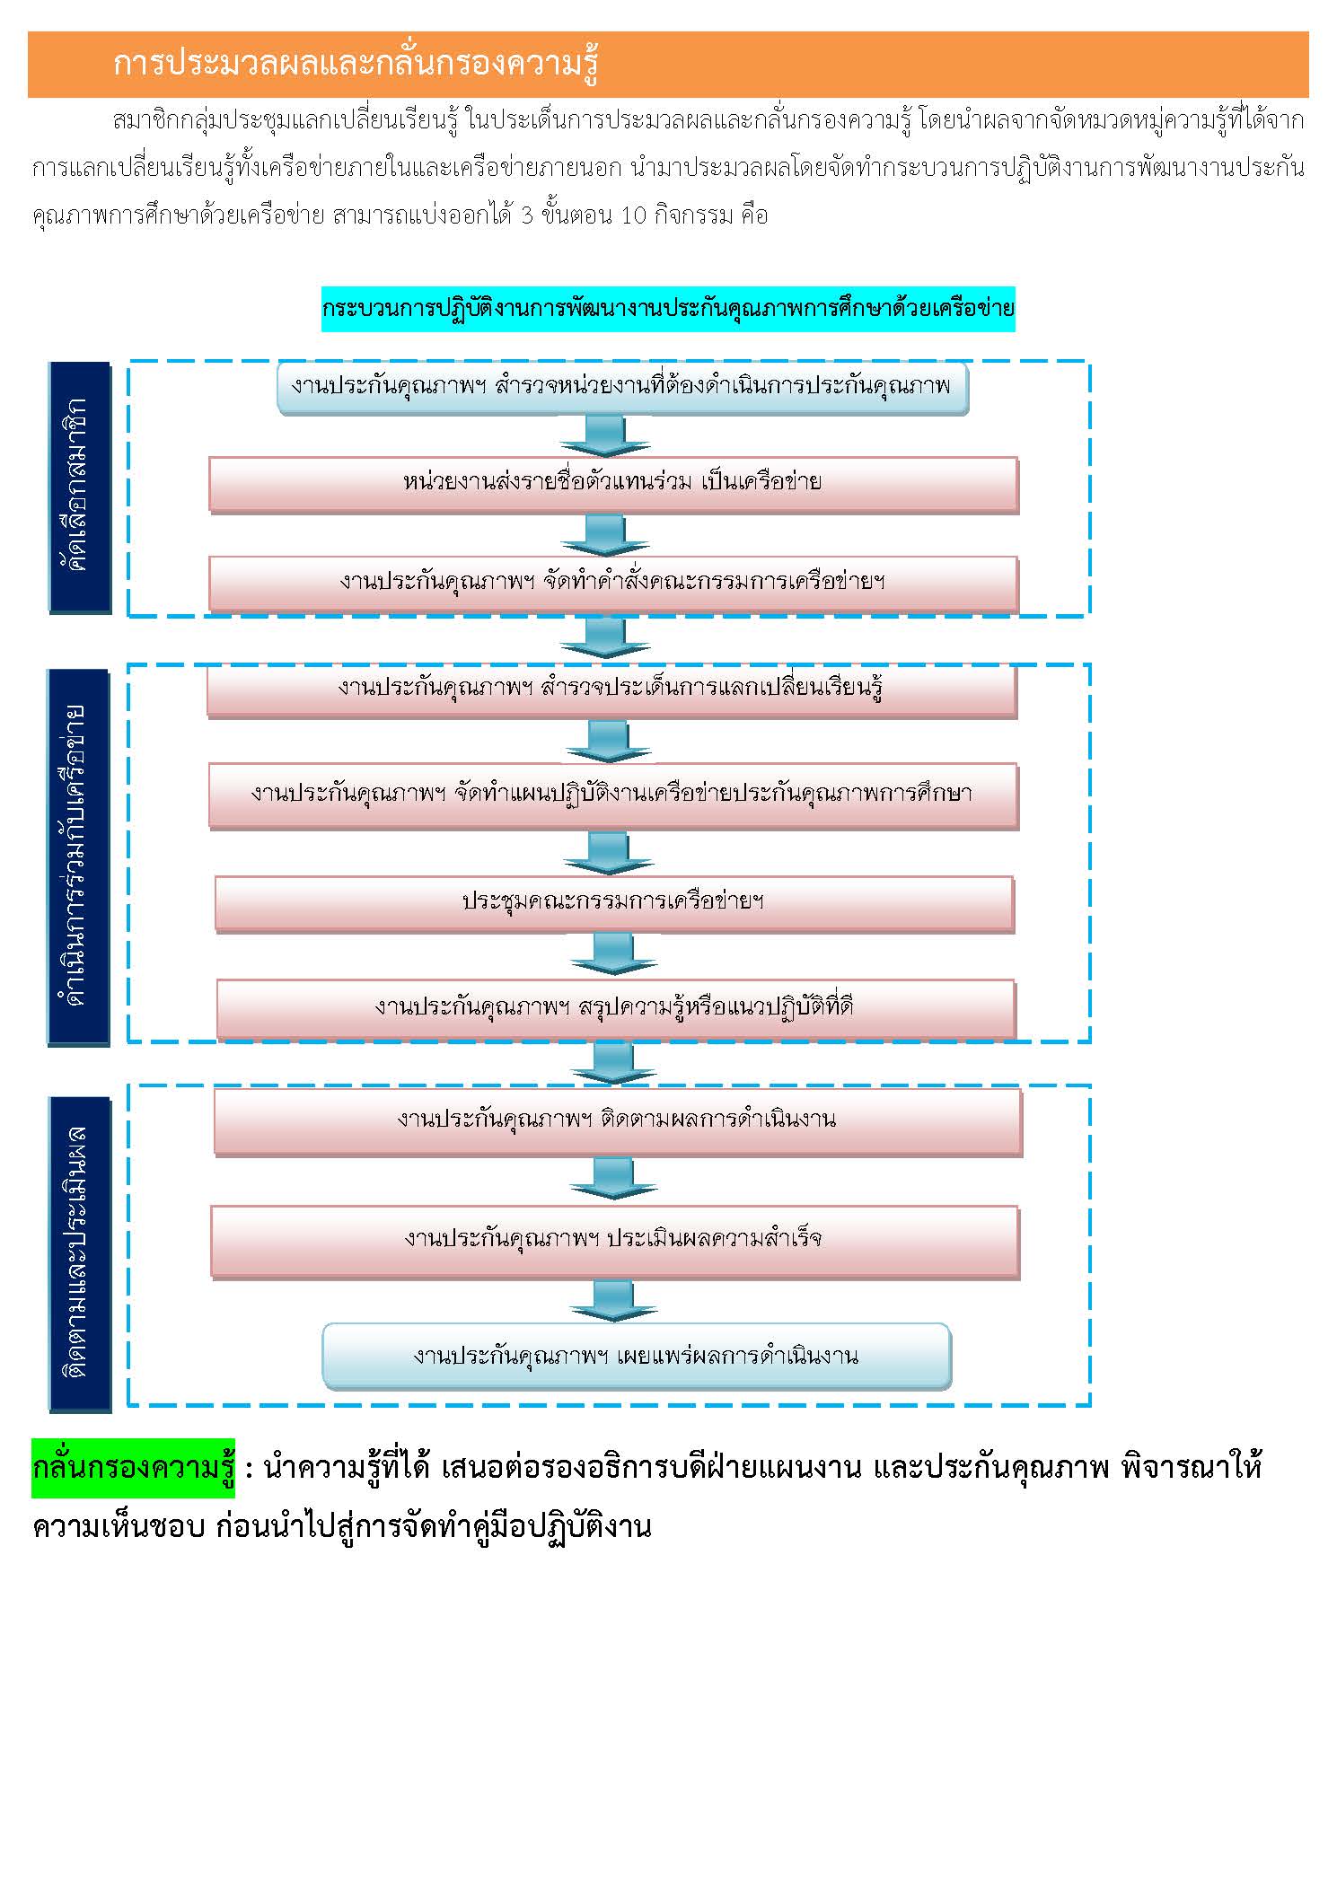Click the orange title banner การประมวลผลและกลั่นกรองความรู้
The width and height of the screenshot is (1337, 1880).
click(x=668, y=65)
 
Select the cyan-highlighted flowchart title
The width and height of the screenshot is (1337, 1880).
click(x=668, y=309)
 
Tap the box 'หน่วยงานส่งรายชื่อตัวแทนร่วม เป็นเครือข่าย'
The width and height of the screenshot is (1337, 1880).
click(x=613, y=485)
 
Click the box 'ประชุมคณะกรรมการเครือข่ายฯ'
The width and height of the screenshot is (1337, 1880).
click(x=614, y=903)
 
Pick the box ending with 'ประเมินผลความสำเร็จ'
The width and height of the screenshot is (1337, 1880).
click(x=615, y=1241)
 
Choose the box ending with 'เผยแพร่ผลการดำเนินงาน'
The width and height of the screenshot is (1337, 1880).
click(x=637, y=1356)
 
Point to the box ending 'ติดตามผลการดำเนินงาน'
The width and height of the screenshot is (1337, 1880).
click(x=618, y=1121)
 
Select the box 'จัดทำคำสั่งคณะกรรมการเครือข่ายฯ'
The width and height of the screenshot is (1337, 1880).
click(x=613, y=584)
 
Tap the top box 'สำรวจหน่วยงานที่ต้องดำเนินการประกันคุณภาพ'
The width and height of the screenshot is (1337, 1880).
click(x=623, y=388)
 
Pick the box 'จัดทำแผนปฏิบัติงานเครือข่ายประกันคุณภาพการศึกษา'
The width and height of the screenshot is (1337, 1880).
click(x=613, y=795)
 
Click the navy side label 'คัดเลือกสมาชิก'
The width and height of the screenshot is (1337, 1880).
click(x=79, y=488)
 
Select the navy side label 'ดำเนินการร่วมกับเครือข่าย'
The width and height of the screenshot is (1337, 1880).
click(x=79, y=857)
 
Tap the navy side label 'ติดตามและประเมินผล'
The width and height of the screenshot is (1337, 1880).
click(x=79, y=1253)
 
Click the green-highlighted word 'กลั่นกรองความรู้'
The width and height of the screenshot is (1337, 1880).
click(x=133, y=1468)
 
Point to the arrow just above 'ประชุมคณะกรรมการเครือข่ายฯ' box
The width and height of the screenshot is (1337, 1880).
click(x=608, y=853)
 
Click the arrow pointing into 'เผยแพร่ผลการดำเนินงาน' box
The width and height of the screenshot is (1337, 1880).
click(x=614, y=1301)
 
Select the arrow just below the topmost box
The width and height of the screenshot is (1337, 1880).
click(x=605, y=435)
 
